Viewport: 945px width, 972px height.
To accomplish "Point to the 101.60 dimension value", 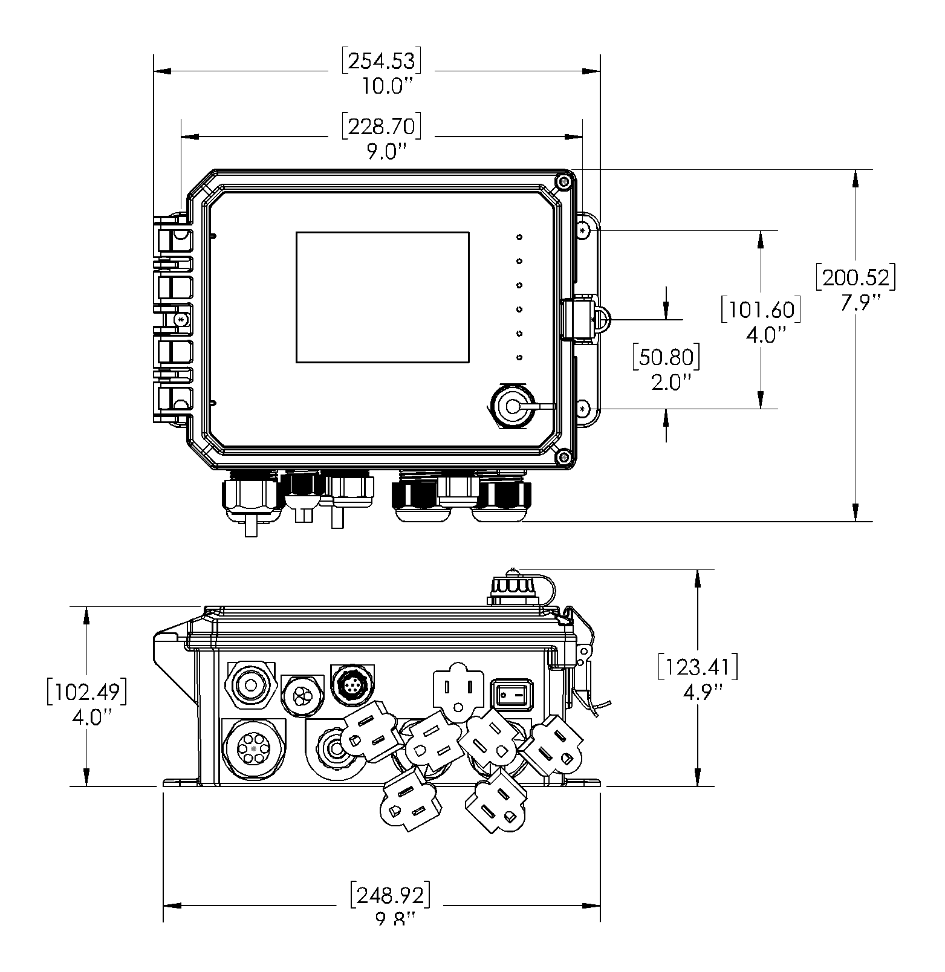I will click(761, 310).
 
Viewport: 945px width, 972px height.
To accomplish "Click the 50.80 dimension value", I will click(666, 358).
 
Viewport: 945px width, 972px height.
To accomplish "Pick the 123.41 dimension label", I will click(698, 667).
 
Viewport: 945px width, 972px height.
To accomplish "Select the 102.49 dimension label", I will click(87, 692).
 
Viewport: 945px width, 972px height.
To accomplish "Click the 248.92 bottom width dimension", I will click(391, 895).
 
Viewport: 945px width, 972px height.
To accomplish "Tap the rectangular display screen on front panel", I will click(382, 297).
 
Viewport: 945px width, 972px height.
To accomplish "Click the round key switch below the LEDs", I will click(513, 407).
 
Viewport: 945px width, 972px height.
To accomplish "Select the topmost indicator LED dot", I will click(519, 237).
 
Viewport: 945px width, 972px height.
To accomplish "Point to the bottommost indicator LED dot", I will click(519, 358).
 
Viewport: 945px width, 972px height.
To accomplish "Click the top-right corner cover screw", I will click(563, 182).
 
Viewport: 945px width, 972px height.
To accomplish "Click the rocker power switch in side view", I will click(513, 694).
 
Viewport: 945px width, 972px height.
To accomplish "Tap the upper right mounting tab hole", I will click(583, 231).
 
